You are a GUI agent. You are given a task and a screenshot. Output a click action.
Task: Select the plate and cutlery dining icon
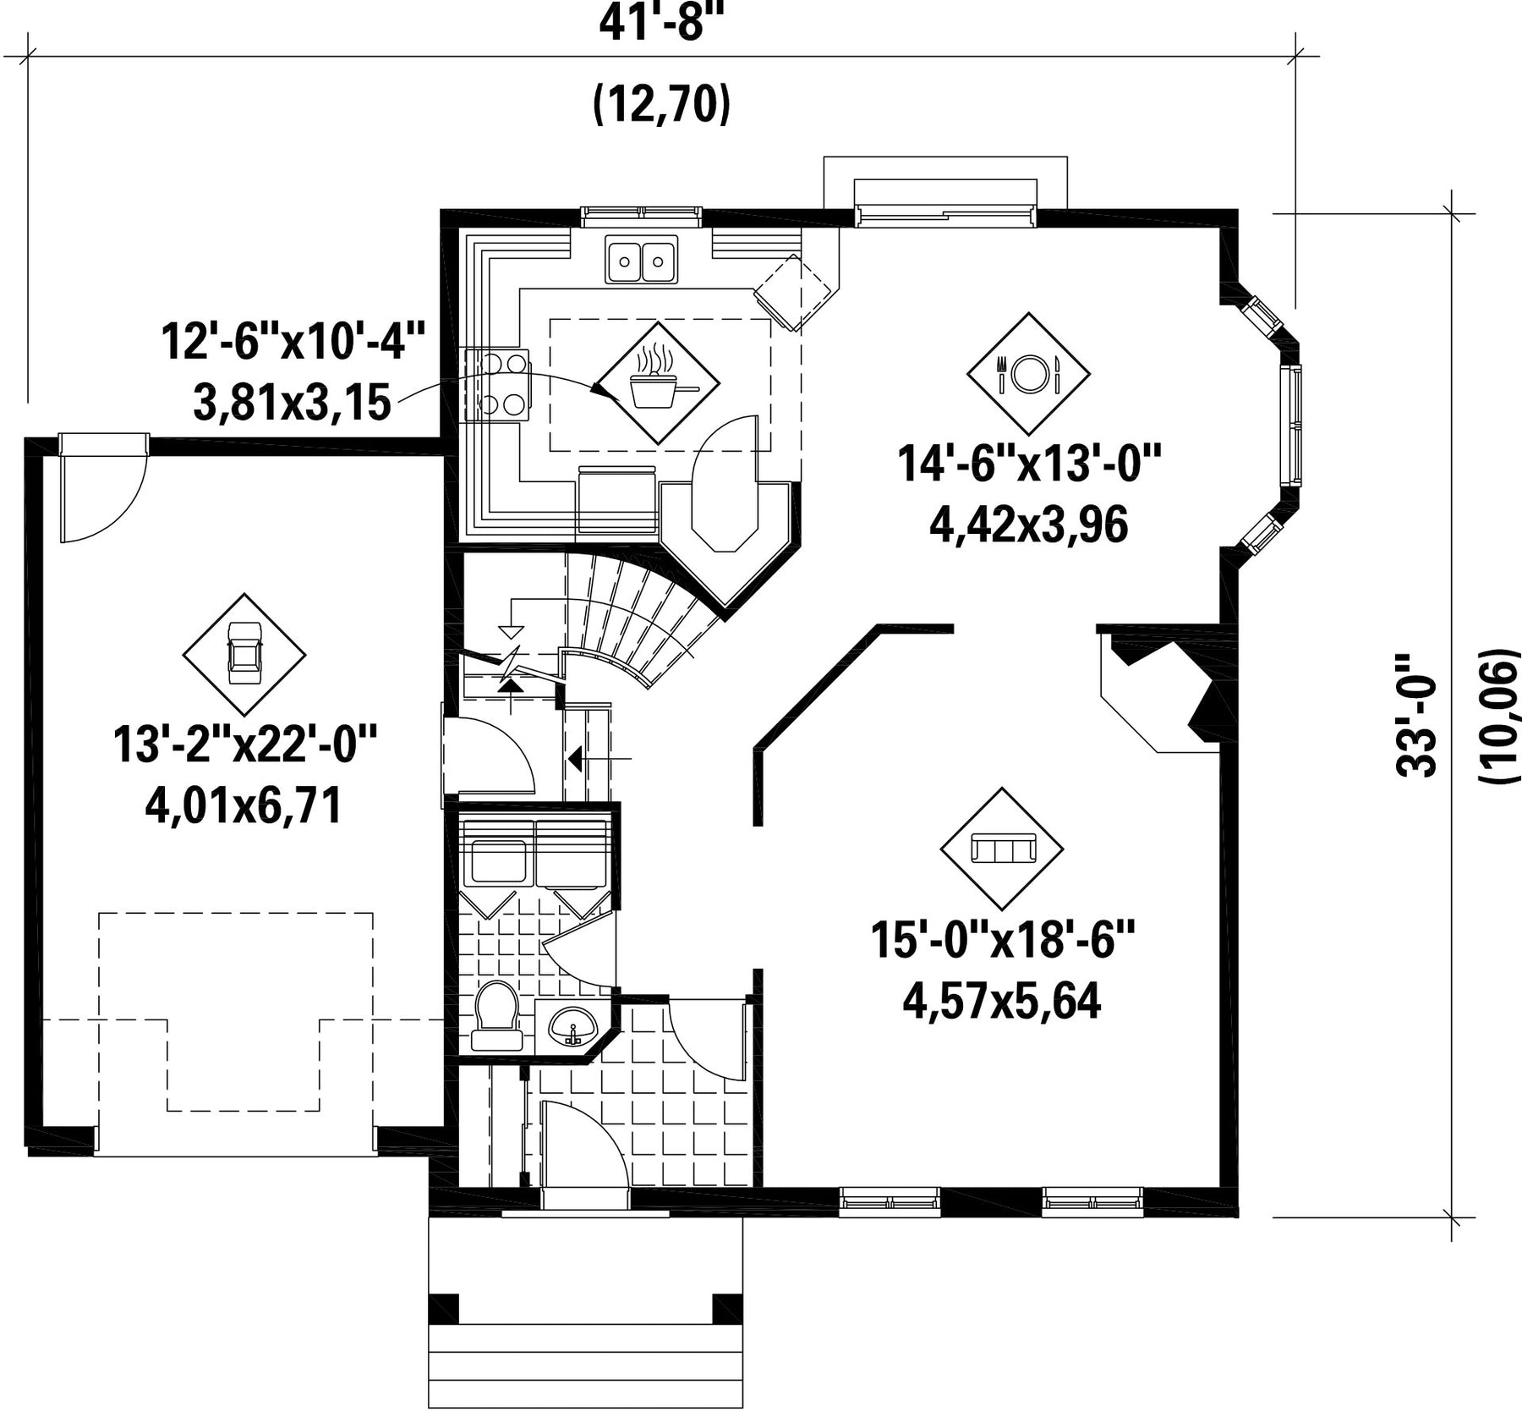[x=1028, y=373]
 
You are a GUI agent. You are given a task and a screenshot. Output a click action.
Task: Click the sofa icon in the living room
[x=1003, y=847]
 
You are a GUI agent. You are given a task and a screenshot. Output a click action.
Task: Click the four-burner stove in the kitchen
[x=496, y=385]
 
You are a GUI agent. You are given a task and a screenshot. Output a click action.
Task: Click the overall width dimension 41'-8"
[x=663, y=24]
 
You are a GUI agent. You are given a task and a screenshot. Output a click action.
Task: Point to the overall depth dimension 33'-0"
[x=1415, y=715]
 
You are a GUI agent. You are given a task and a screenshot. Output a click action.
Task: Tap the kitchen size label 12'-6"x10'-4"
[x=293, y=341]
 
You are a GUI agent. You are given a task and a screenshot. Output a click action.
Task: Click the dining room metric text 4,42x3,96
[x=1028, y=525]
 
